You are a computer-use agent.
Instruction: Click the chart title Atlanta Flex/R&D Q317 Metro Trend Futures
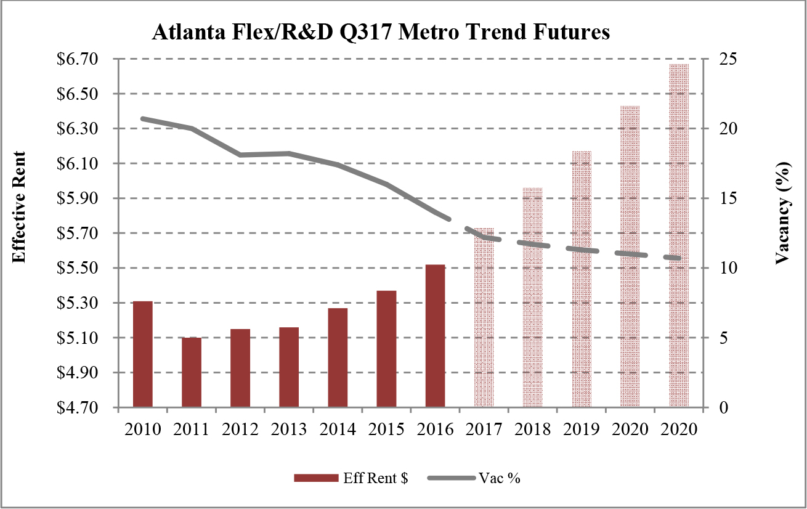pyautogui.click(x=381, y=33)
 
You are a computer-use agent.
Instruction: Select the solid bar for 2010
pyautogui.click(x=143, y=354)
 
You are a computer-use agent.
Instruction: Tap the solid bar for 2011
pyautogui.click(x=192, y=372)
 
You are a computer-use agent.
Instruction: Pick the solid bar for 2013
pyautogui.click(x=289, y=367)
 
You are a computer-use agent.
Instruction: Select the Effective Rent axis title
pyautogui.click(x=19, y=207)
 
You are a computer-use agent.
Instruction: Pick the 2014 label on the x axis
pyautogui.click(x=338, y=430)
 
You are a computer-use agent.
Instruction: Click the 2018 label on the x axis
pyautogui.click(x=533, y=430)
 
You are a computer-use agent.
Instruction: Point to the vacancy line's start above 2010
pyautogui.click(x=143, y=118)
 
